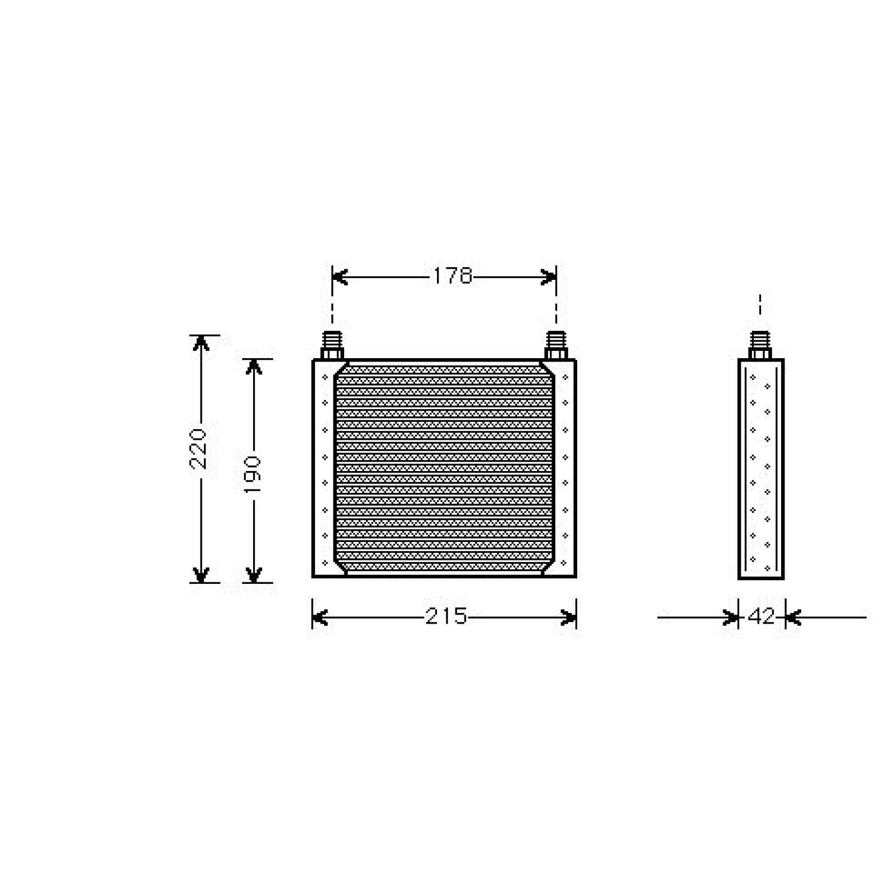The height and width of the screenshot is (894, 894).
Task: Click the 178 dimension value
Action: [453, 276]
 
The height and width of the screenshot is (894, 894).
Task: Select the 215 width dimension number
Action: [446, 617]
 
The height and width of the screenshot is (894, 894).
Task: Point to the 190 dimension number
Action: [253, 474]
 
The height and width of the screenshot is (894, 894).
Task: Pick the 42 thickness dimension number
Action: [762, 617]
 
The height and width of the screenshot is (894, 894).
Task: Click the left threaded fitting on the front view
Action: [332, 345]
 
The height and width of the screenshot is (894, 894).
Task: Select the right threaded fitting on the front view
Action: [556, 345]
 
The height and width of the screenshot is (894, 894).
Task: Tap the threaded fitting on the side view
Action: [760, 345]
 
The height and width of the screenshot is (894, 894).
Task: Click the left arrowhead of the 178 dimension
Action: [339, 277]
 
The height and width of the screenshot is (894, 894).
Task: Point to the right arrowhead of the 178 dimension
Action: [549, 277]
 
